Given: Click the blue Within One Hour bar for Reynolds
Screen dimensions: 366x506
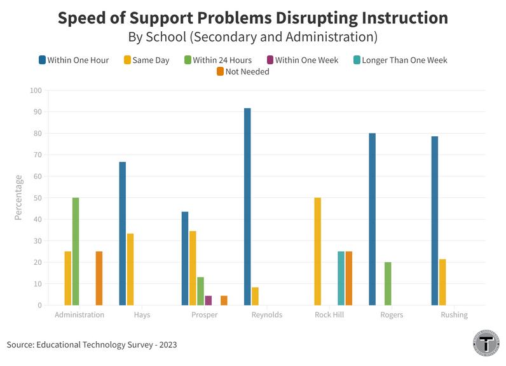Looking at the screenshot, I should point(247,207).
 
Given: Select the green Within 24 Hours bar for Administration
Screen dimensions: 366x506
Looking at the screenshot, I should point(76,251).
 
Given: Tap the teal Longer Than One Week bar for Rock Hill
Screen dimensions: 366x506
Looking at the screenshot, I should point(341,278).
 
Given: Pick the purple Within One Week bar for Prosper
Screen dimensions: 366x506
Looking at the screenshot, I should point(208,300).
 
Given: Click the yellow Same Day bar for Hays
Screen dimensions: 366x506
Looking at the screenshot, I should point(130,269).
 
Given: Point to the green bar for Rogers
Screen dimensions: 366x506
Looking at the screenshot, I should point(388,284).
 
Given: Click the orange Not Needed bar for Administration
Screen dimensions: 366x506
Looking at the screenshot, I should point(99,278).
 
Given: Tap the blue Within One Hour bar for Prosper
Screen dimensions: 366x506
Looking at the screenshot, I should point(185,258).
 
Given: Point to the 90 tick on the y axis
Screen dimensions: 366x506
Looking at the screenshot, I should point(36,112).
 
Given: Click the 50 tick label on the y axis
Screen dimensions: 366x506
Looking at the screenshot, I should point(36,198).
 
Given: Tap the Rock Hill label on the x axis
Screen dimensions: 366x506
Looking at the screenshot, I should point(329,315).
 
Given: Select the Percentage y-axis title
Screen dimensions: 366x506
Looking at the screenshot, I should point(18,197).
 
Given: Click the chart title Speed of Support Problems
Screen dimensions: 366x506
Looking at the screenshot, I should point(252,17).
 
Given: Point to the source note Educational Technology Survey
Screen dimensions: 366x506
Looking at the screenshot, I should point(92,345).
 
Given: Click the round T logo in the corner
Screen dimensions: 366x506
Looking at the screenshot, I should point(486,343).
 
